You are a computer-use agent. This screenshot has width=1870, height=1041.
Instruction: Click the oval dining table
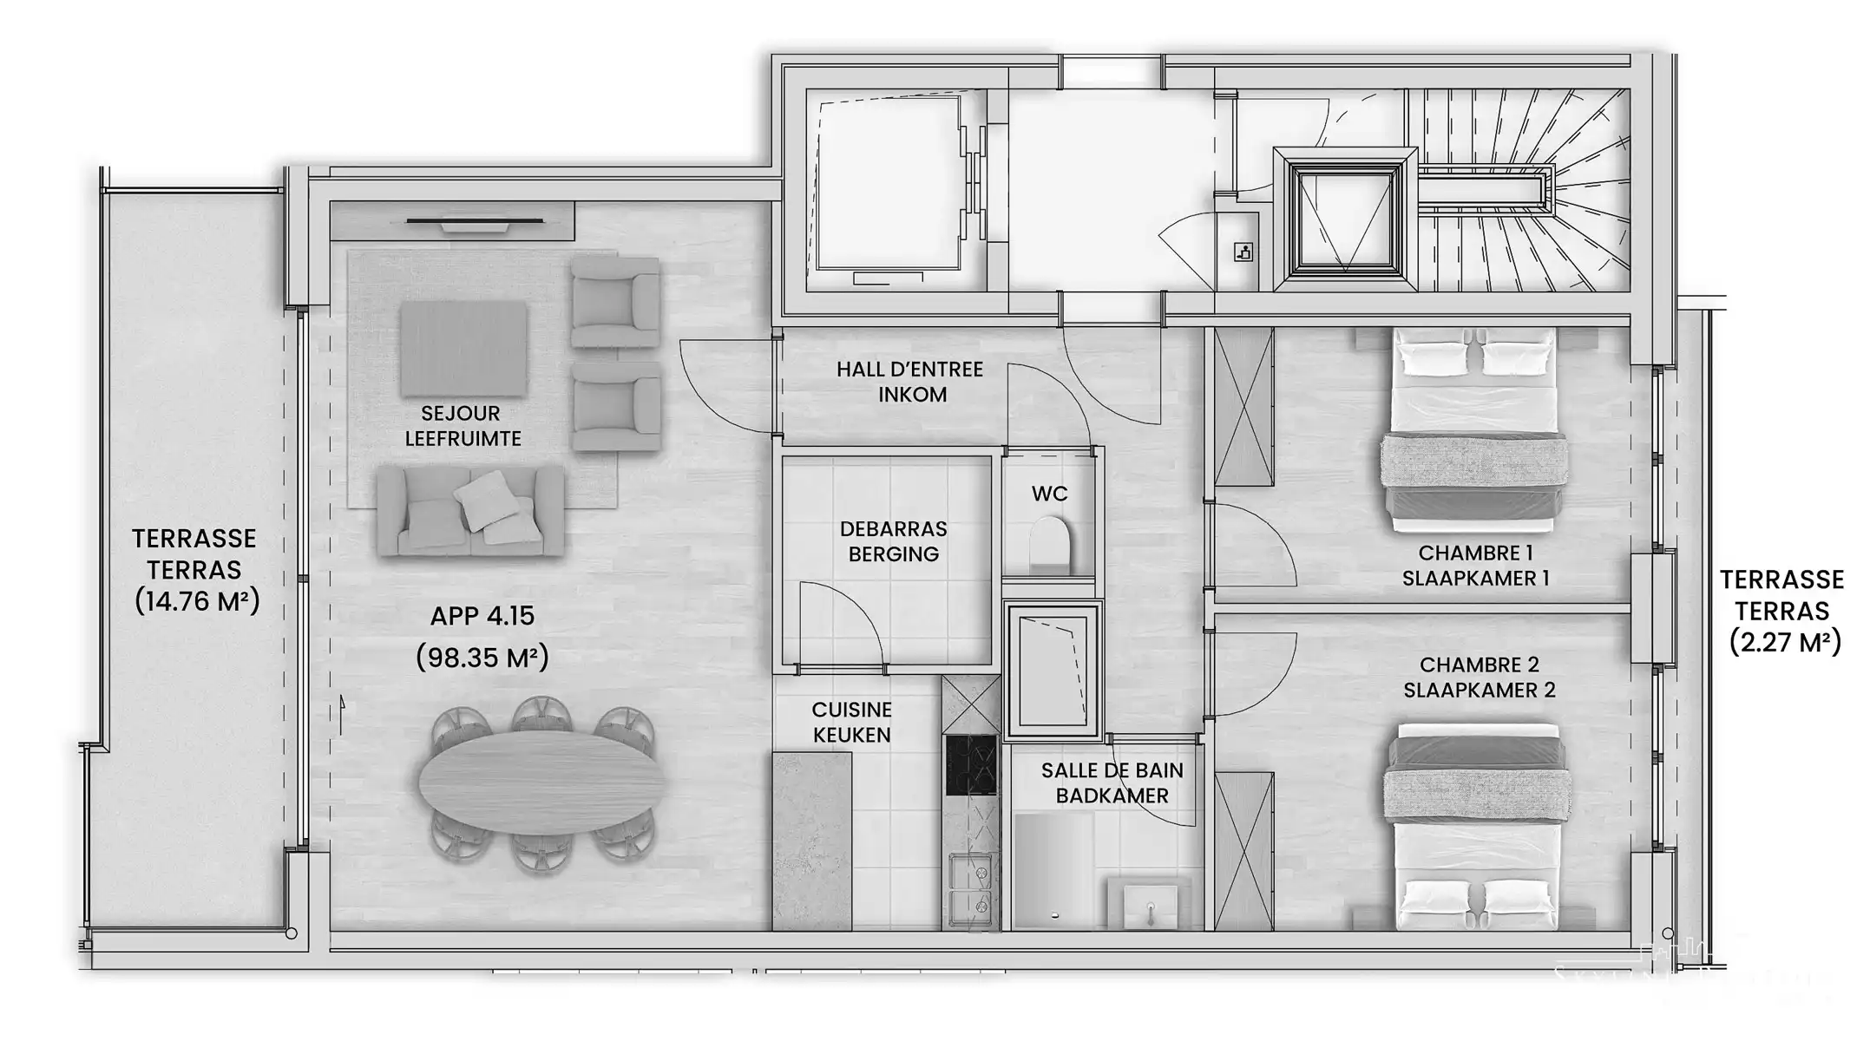541,782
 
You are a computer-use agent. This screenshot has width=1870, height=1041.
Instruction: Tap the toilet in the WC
1050,544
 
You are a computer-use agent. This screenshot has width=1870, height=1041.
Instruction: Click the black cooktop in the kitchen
971,765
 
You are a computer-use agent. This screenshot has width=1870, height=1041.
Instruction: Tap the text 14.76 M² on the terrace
197,601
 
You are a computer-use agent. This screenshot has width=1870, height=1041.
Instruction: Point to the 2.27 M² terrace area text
1785,643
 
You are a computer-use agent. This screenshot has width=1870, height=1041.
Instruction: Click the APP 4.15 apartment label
482,616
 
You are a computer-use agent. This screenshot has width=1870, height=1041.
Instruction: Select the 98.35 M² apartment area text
482,658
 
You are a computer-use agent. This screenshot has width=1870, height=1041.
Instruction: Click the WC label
1049,494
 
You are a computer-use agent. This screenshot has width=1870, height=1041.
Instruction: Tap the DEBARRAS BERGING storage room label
893,541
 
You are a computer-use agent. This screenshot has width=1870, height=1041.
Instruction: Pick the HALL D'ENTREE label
910,370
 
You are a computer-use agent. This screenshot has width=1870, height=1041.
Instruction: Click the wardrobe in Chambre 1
1243,407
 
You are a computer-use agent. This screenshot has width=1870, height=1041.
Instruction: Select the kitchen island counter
812,841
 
